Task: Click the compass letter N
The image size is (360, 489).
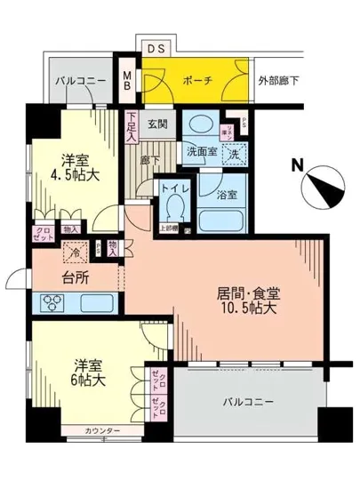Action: click(297, 164)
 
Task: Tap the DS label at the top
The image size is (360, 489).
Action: click(154, 49)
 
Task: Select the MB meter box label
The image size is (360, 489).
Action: click(127, 83)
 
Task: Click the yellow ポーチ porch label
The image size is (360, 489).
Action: click(197, 80)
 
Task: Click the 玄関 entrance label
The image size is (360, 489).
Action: click(158, 124)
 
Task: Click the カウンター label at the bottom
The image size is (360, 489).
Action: click(102, 432)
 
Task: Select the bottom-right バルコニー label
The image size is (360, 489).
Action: click(246, 402)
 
